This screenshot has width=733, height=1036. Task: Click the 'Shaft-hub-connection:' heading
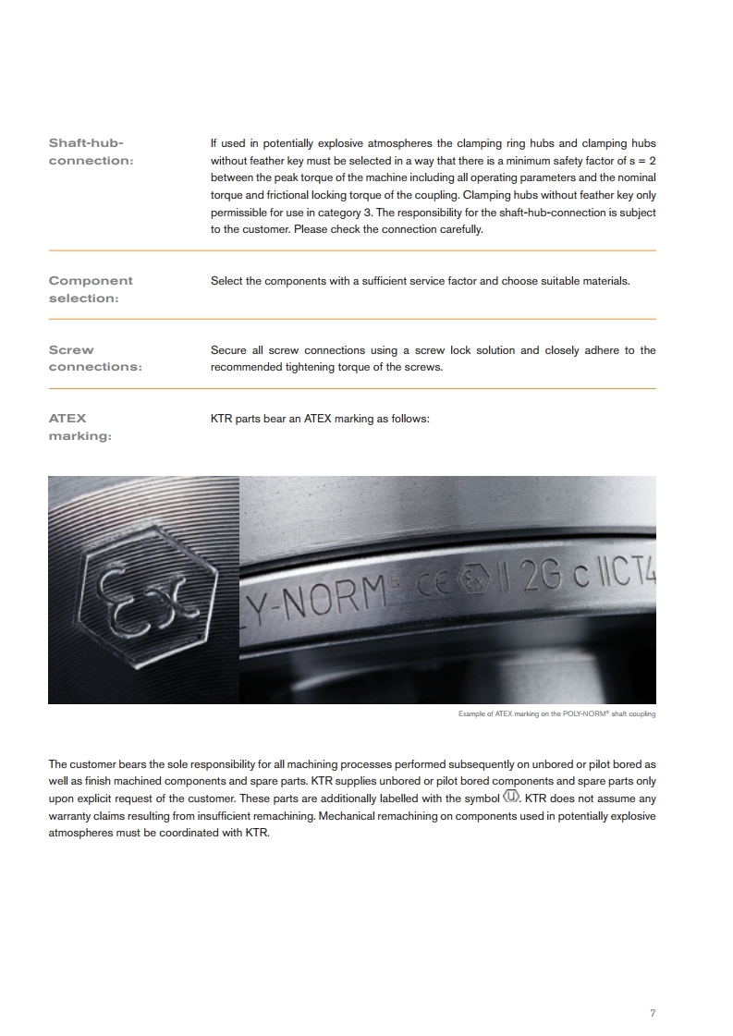click(91, 152)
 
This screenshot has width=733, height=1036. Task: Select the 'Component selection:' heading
click(91, 289)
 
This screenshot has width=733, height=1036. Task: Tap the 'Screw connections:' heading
click(95, 359)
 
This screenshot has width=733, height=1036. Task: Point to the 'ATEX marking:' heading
click(79, 427)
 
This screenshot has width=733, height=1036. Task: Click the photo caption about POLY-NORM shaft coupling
click(556, 714)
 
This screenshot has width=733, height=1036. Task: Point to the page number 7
click(653, 1013)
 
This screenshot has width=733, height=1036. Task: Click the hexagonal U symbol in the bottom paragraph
click(511, 798)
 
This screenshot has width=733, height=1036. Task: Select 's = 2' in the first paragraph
click(640, 161)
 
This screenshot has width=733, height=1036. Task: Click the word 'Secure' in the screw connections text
click(228, 350)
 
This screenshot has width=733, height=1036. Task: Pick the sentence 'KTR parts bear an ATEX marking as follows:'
click(321, 419)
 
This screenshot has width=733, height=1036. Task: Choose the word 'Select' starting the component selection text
click(226, 281)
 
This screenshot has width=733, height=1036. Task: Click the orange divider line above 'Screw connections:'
click(351, 320)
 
